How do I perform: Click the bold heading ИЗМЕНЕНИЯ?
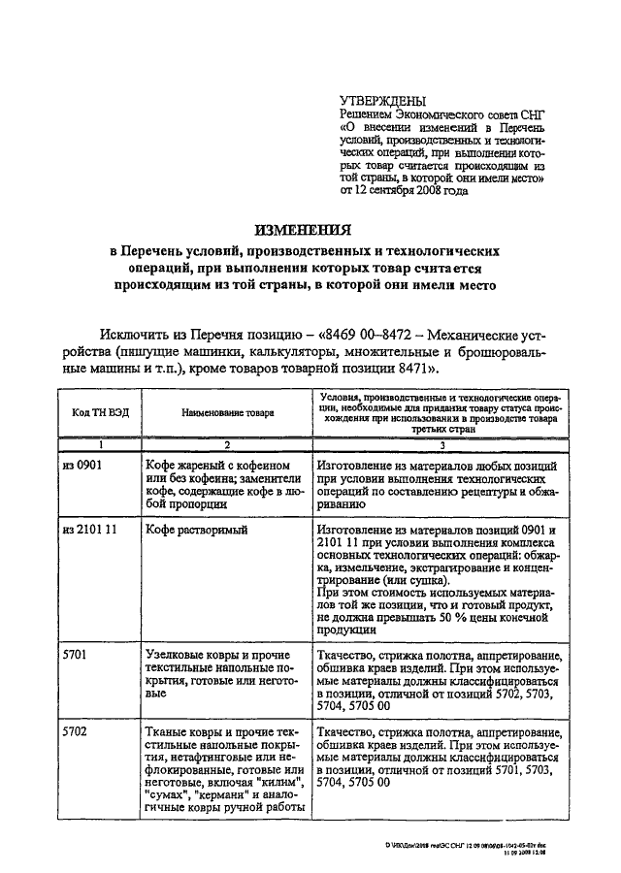point(303,230)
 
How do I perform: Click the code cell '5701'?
point(74,656)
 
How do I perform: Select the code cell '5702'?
point(74,727)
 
